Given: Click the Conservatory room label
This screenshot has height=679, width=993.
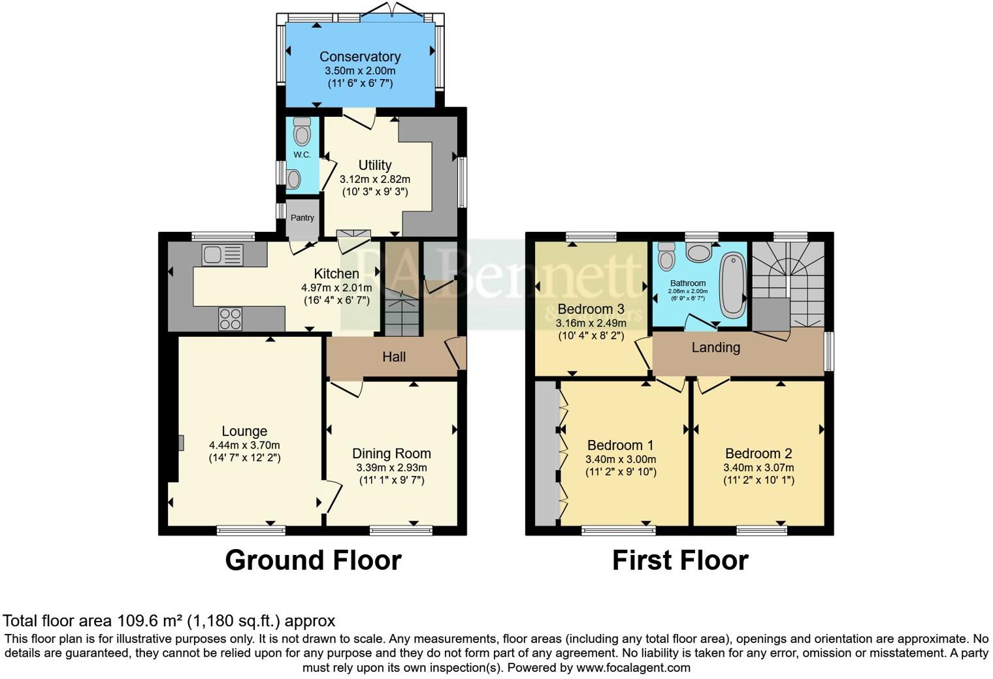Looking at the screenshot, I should coord(360,57).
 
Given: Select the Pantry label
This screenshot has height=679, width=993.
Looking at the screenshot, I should coord(302,218).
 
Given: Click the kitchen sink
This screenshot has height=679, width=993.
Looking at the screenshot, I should coord(222,255).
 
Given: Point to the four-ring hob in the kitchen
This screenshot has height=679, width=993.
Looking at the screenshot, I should coord(230,319).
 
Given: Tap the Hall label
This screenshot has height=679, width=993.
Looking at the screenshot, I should coord(394,356).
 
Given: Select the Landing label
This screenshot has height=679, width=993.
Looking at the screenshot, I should coord(715,347).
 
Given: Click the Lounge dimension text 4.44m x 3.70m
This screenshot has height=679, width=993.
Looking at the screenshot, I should coord(244,445).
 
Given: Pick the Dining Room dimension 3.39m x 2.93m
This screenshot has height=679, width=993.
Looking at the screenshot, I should coord(391,467).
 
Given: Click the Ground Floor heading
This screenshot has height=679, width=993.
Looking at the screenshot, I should coord(313,561).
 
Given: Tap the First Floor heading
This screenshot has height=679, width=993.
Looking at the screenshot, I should coord(679,561).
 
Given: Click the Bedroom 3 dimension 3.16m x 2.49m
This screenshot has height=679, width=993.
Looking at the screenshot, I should coord(591,323).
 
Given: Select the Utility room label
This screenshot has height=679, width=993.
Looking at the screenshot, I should coord(375,165).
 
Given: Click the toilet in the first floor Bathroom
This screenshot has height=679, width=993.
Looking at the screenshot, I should coord(666,257).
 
